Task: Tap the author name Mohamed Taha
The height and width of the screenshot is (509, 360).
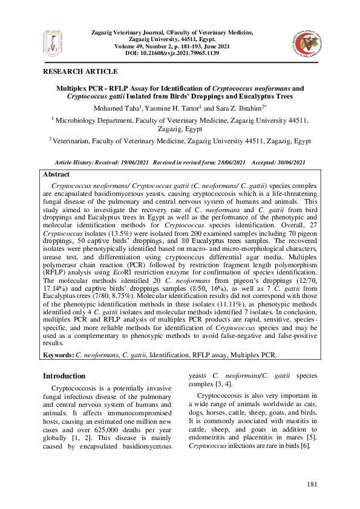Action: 122,108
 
